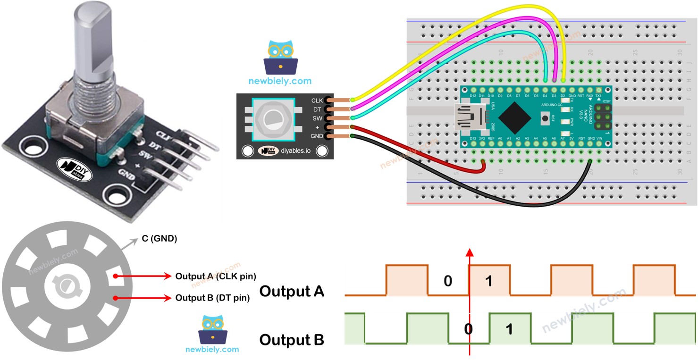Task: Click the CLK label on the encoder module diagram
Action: tap(317, 100)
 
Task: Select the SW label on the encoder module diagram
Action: tap(318, 118)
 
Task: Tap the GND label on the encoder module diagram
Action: tap(317, 136)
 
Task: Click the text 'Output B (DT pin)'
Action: tap(212, 298)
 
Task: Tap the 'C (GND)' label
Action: tap(159, 239)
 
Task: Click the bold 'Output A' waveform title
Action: tap(292, 291)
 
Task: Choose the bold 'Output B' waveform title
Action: tap(292, 340)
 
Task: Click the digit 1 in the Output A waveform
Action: tap(489, 282)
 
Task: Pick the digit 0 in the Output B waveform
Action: tap(468, 329)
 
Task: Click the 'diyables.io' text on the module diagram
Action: tap(295, 151)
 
